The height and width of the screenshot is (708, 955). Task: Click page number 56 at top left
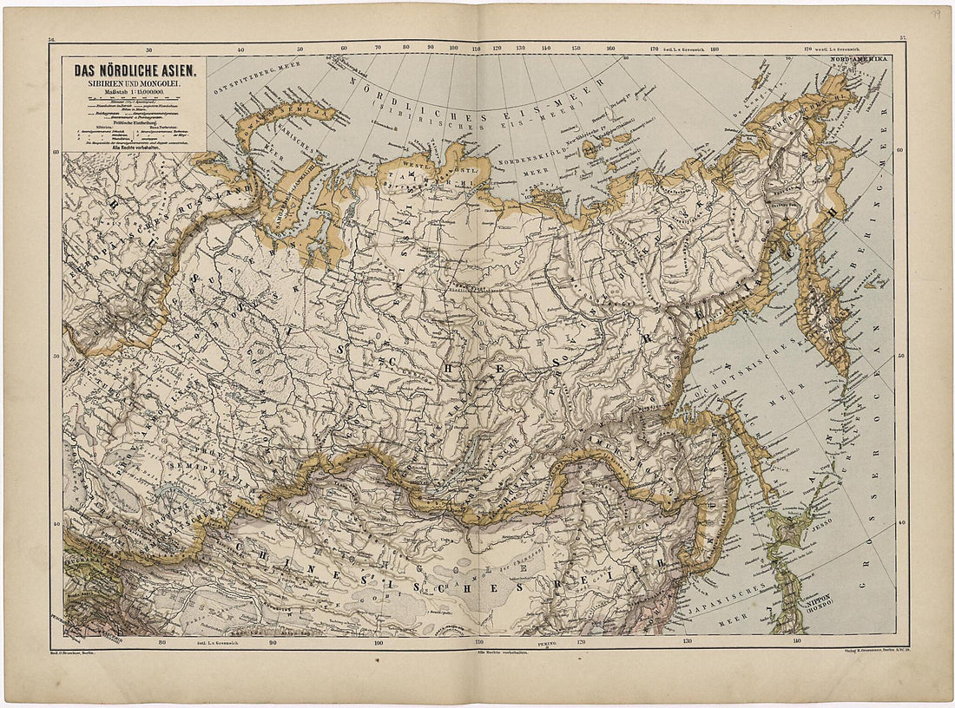point(52,39)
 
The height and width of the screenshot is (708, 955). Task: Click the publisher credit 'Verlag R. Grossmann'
point(865,649)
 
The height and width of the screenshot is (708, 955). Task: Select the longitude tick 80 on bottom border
point(161,644)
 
